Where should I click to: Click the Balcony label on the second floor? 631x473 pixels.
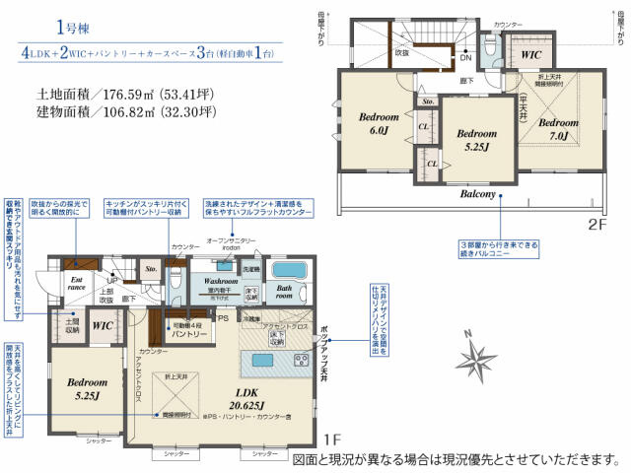tap(476, 194)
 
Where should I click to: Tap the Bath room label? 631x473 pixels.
tap(283, 292)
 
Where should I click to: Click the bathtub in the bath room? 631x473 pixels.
tap(289, 270)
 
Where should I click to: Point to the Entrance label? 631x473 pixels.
tap(75, 283)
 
